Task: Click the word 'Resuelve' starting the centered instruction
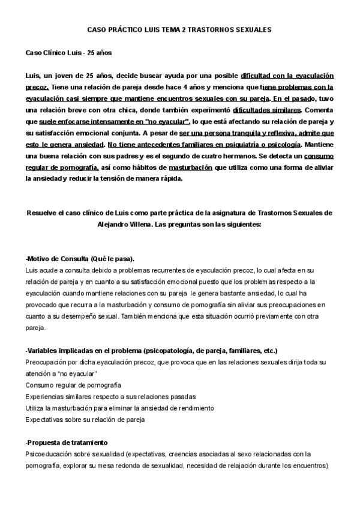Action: click(40, 213)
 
